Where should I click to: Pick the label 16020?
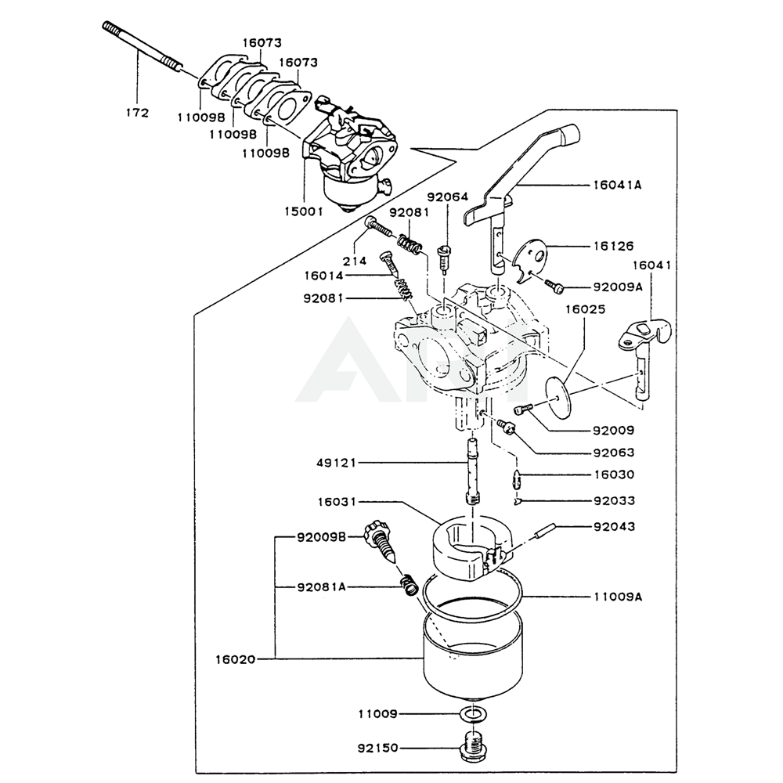235,659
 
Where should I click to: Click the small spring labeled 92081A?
408,584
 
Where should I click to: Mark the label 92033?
614,500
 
